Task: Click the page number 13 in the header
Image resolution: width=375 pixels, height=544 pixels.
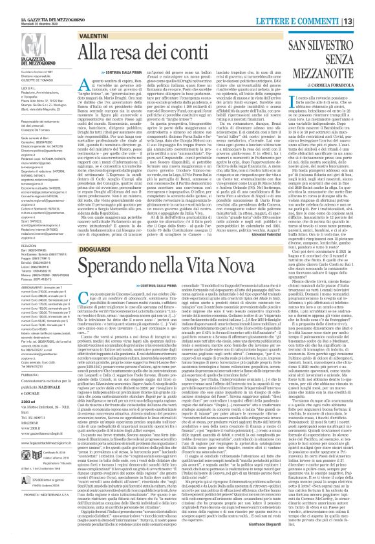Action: [x=365, y=6]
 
